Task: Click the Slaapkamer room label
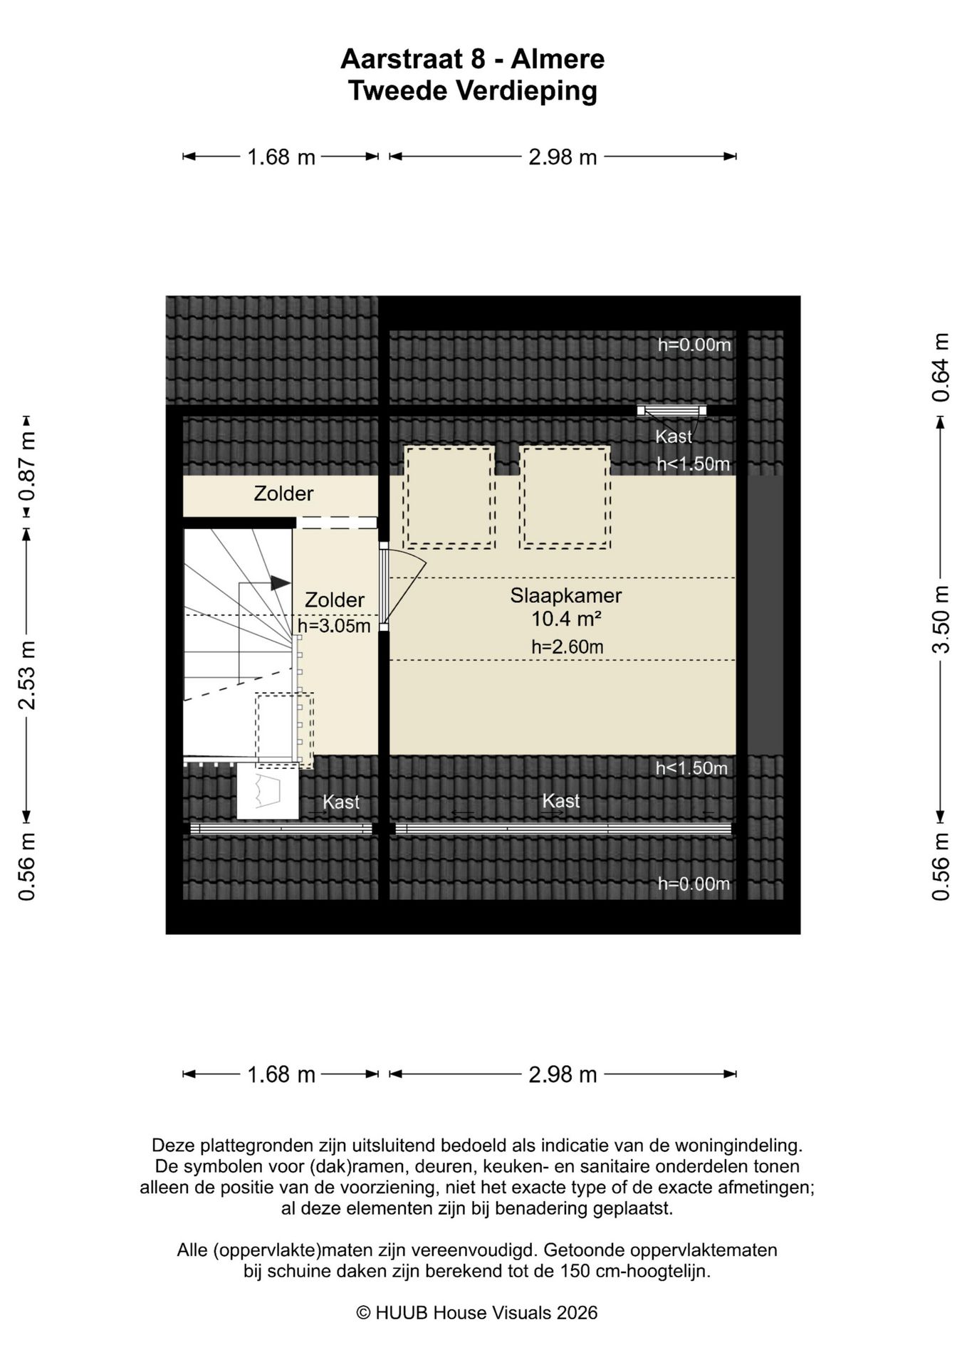point(565,595)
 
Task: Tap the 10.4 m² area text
point(566,619)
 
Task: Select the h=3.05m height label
point(334,626)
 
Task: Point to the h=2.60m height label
point(567,646)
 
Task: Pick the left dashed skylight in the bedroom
point(449,497)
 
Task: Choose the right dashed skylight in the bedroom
point(565,497)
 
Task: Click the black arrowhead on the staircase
point(281,582)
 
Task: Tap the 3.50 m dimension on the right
point(941,619)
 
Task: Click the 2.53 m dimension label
point(27,675)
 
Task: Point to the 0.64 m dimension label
point(941,367)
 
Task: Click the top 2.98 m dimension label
point(563,157)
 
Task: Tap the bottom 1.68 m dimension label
point(281,1074)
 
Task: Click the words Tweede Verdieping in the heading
point(473,91)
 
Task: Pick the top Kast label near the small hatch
point(674,436)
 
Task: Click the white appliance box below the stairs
point(268,790)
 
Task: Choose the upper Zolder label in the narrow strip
point(283,493)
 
